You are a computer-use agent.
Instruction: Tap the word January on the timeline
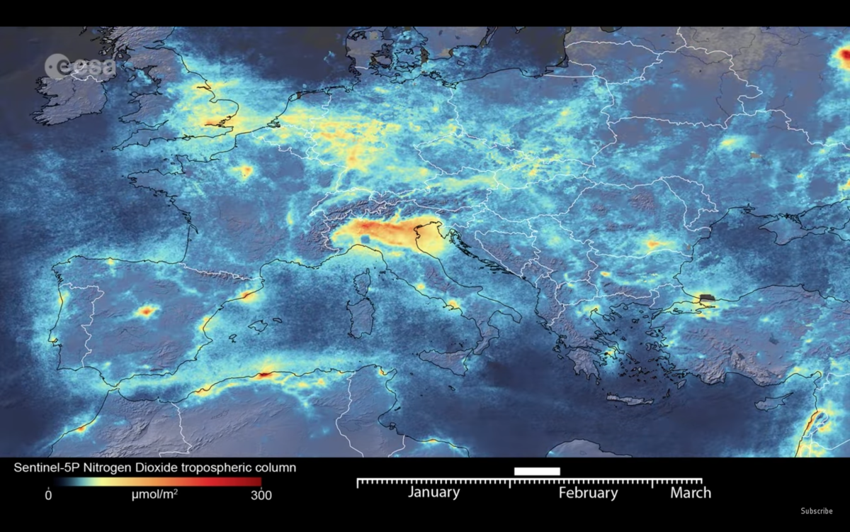(x=433, y=492)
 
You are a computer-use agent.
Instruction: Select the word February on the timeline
(x=587, y=492)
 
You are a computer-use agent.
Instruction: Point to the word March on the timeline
(x=690, y=492)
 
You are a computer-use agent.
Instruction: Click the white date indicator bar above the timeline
(x=537, y=471)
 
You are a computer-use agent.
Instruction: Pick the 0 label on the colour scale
(x=48, y=495)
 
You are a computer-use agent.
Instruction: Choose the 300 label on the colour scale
(x=261, y=495)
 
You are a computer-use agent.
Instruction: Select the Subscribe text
(x=817, y=511)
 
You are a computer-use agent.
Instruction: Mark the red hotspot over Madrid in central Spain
(x=147, y=311)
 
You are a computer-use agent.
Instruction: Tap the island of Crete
(x=630, y=400)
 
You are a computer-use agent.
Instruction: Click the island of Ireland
(x=67, y=96)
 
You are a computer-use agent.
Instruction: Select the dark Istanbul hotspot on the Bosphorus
(x=706, y=299)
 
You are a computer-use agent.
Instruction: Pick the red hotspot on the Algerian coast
(x=266, y=374)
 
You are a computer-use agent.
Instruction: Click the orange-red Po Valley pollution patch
(x=375, y=231)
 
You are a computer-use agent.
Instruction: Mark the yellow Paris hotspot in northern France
(x=246, y=171)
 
